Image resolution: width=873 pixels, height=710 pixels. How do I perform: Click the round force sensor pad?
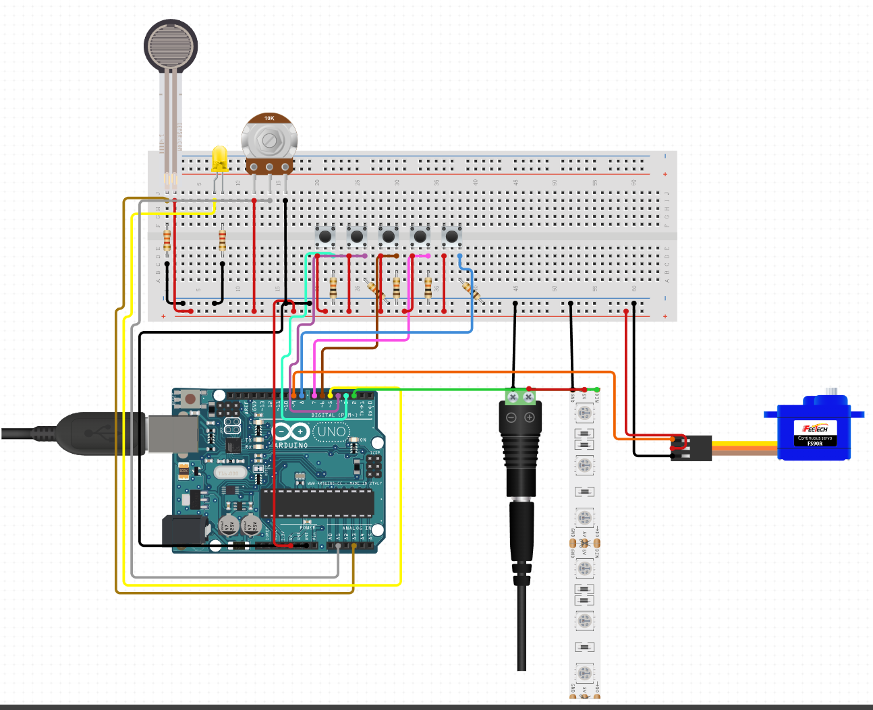(171, 46)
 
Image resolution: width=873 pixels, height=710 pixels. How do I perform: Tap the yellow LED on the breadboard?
(219, 159)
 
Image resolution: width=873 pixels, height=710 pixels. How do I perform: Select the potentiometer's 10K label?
(269, 119)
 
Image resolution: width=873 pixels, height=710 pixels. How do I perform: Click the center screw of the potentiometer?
(269, 140)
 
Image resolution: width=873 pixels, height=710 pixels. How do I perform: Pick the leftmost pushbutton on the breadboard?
(325, 236)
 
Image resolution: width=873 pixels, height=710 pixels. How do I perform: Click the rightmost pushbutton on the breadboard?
(451, 236)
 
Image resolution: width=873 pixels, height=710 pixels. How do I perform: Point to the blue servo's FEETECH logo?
(814, 428)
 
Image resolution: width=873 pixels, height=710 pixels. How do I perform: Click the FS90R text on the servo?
(815, 444)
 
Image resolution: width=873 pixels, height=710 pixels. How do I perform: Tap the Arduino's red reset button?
(191, 398)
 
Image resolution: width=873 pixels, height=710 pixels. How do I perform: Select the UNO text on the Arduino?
(331, 432)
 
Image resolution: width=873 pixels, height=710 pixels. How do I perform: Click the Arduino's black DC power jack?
(184, 530)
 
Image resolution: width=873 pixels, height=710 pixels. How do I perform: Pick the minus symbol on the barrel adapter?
(511, 418)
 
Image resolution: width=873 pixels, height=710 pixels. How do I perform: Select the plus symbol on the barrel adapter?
(530, 418)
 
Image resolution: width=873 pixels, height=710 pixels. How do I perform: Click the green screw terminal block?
(521, 396)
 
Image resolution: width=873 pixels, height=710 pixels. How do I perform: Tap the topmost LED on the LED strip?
(585, 411)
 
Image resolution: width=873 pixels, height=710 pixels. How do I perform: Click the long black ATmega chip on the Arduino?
(317, 503)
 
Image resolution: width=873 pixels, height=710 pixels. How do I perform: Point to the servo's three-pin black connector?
(692, 448)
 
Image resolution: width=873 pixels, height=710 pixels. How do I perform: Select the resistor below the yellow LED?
(223, 240)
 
